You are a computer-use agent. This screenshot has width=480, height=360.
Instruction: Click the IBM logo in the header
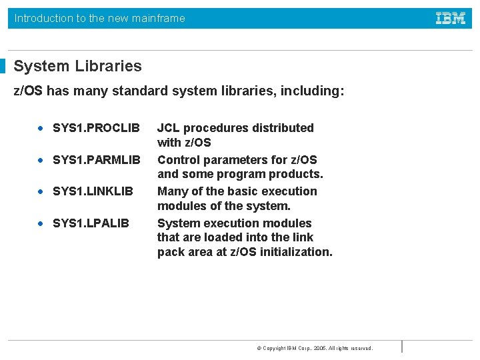[451, 18]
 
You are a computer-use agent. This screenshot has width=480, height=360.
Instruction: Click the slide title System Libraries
[77, 66]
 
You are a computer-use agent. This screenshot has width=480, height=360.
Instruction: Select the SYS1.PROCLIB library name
[96, 128]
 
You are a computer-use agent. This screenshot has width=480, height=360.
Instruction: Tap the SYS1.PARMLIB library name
[97, 160]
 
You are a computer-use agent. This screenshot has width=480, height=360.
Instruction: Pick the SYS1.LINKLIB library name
[93, 191]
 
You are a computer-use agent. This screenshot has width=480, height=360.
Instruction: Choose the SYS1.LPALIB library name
[91, 223]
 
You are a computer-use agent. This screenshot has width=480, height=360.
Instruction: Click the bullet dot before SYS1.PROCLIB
[41, 128]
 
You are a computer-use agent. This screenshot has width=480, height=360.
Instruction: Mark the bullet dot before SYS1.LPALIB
[41, 223]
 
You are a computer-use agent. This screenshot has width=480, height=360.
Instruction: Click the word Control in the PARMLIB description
[177, 160]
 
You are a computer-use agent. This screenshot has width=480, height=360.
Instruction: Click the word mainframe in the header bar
[159, 18]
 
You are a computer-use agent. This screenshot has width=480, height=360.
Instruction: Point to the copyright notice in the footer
[315, 348]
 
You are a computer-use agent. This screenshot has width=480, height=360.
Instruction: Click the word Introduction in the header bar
[44, 18]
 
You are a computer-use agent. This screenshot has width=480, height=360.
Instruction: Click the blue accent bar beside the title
[3, 66]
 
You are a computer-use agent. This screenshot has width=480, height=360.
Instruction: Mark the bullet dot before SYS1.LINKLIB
[41, 191]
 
